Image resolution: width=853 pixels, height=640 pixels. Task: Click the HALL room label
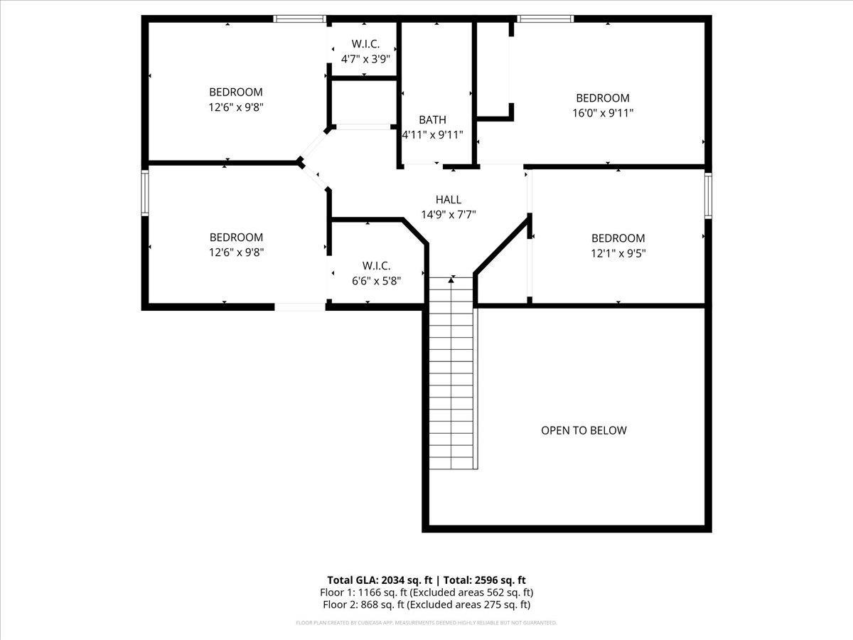pyautogui.click(x=448, y=200)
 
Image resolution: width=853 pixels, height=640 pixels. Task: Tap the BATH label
pyautogui.click(x=432, y=119)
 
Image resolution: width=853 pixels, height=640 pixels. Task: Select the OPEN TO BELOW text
pyautogui.click(x=584, y=430)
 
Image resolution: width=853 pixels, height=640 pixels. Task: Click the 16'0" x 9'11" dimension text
pyautogui.click(x=603, y=113)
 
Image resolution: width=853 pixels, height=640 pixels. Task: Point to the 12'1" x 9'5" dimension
pyautogui.click(x=618, y=253)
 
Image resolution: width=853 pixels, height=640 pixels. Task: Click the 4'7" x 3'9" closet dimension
pyautogui.click(x=365, y=59)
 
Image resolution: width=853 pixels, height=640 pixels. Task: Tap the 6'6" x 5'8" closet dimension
pyautogui.click(x=376, y=280)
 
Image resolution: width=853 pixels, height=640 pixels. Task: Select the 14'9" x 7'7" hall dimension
pyautogui.click(x=448, y=214)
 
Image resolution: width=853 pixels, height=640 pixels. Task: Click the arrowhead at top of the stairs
pyautogui.click(x=451, y=280)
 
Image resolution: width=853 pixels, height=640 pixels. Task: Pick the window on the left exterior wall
pyautogui.click(x=145, y=192)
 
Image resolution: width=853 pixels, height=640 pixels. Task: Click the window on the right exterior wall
pyautogui.click(x=708, y=196)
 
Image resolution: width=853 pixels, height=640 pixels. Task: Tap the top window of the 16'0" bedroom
pyautogui.click(x=544, y=19)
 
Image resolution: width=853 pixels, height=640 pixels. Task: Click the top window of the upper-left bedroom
pyautogui.click(x=300, y=19)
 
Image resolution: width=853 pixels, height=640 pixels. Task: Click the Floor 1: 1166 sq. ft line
pyautogui.click(x=426, y=592)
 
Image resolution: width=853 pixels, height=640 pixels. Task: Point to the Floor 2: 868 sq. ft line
pyautogui.click(x=426, y=605)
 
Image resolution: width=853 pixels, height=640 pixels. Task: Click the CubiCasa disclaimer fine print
pyautogui.click(x=426, y=623)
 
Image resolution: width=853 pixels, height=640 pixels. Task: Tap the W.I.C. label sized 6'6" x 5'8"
pyautogui.click(x=376, y=265)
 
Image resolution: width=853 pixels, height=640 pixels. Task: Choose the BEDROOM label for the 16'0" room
pyautogui.click(x=603, y=98)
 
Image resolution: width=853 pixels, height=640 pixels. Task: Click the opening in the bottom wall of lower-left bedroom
pyautogui.click(x=300, y=306)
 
